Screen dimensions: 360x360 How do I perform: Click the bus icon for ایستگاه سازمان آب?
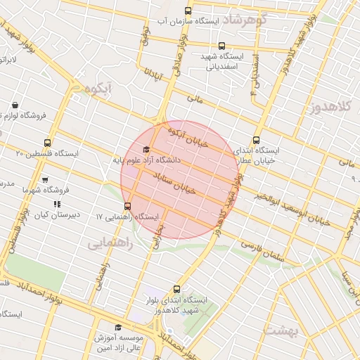187,11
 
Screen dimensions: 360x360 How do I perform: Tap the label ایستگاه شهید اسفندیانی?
224,61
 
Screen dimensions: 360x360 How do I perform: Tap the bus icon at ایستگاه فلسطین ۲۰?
47,143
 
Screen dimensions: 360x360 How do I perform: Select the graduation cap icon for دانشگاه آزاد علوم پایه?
146,150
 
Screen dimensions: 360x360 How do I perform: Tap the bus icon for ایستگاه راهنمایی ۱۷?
127,206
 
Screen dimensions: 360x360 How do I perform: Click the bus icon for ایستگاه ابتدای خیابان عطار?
255,139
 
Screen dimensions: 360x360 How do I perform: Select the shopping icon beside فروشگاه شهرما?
46,180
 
